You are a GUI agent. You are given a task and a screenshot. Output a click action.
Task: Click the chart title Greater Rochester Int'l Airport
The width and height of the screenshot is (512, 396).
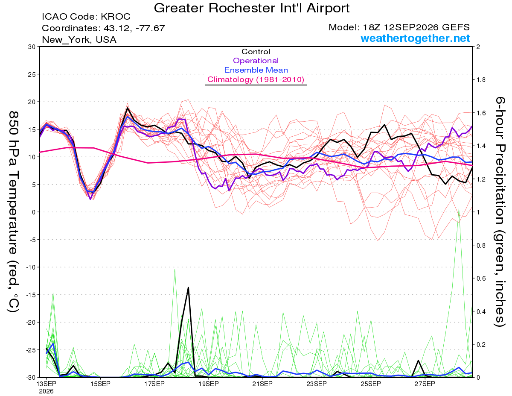click(x=252, y=8)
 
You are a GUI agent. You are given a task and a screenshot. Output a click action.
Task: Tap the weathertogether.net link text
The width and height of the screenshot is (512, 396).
click(x=415, y=38)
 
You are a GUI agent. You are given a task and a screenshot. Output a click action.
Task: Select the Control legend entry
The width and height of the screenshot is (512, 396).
click(x=256, y=52)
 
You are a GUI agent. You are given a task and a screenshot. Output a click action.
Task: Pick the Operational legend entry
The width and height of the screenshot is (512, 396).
click(x=256, y=61)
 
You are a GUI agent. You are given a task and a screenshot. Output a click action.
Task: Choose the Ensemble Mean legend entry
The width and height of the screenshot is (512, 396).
click(x=256, y=70)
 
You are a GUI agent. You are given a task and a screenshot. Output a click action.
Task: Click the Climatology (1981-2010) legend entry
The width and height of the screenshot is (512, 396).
click(x=256, y=79)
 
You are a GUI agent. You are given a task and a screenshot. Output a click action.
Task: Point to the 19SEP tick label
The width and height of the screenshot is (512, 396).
click(x=209, y=384)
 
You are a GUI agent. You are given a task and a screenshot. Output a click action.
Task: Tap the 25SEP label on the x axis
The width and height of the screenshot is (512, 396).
click(x=371, y=384)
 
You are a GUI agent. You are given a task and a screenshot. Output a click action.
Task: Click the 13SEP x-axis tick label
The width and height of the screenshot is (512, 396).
click(x=46, y=384)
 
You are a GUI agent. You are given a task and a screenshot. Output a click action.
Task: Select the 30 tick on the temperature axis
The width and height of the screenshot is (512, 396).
click(x=32, y=47)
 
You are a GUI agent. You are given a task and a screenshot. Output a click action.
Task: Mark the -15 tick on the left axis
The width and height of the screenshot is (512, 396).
click(x=30, y=295)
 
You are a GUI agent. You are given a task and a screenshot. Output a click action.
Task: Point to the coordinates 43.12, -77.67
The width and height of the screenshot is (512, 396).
click(x=134, y=28)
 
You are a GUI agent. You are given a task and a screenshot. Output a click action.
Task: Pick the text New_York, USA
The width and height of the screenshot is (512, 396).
click(x=79, y=40)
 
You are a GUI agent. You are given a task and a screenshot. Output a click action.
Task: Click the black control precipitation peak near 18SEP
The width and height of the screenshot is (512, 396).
click(x=188, y=287)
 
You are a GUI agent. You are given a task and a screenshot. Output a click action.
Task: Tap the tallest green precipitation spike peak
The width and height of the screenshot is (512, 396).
click(x=459, y=209)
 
